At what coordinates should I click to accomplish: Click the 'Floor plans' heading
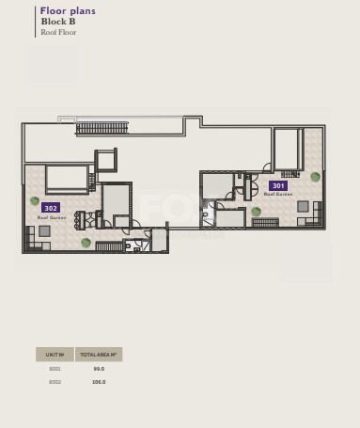click(x=68, y=11)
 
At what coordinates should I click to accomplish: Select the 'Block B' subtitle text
click(x=58, y=22)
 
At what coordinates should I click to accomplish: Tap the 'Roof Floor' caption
click(x=58, y=32)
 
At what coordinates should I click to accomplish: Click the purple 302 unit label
click(x=51, y=208)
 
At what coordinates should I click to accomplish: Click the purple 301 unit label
click(x=278, y=185)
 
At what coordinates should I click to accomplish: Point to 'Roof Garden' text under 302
click(x=51, y=217)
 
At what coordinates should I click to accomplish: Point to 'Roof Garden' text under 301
click(x=278, y=195)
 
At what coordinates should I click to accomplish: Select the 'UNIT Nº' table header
click(x=55, y=355)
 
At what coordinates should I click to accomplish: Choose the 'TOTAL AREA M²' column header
click(x=99, y=355)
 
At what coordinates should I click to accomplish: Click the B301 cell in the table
click(x=55, y=369)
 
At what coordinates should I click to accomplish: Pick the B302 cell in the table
click(x=55, y=382)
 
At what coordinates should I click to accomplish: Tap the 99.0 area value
click(x=99, y=369)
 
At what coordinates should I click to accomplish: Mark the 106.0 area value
click(x=99, y=382)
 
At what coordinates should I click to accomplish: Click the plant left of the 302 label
click(x=35, y=200)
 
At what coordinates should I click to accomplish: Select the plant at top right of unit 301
click(x=315, y=177)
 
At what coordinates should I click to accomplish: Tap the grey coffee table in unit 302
click(x=44, y=230)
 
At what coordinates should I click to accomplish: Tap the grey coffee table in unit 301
click(x=303, y=206)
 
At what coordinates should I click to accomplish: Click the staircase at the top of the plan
click(x=102, y=128)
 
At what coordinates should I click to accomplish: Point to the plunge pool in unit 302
click(x=67, y=178)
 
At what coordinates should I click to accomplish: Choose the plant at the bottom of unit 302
click(x=86, y=243)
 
